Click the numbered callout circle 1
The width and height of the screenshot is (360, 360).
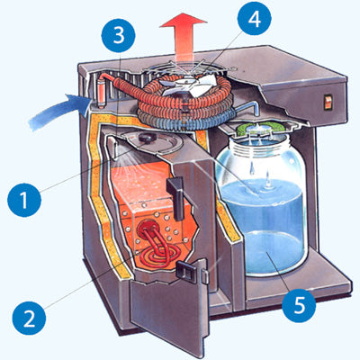tap(24, 200)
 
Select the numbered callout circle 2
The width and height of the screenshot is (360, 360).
tap(29, 318)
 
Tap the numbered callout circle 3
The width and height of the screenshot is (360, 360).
tap(118, 36)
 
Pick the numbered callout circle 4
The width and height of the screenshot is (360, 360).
tap(254, 19)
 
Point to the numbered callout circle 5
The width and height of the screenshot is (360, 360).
tap(299, 305)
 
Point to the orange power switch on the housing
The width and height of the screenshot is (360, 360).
tap(328, 102)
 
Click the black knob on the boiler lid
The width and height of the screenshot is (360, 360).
tap(147, 138)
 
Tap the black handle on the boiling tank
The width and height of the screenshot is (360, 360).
tap(177, 196)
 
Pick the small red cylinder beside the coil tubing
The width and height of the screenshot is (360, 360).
tap(102, 90)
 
